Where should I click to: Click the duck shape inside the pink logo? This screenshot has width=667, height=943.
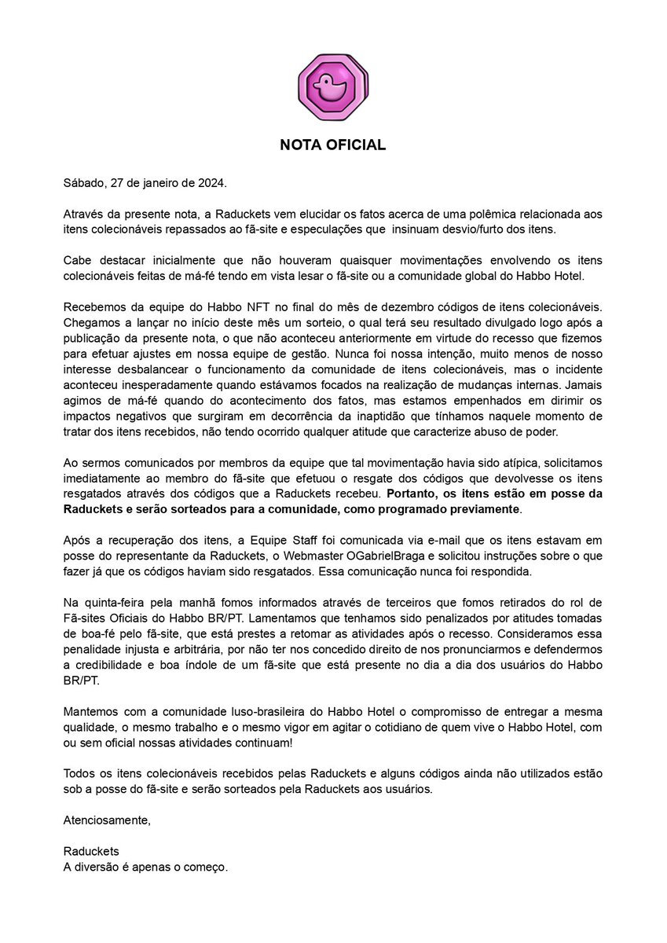click(x=332, y=85)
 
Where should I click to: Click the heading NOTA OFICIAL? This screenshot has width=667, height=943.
click(x=333, y=145)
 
